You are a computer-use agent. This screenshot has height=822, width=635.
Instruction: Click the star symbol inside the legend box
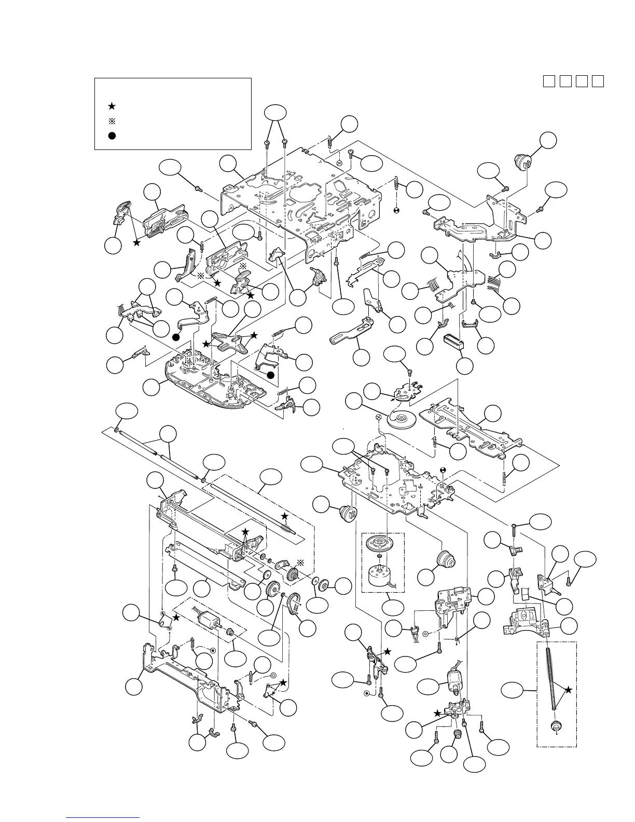click(112, 106)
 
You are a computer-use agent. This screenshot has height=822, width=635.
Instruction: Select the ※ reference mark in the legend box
click(112, 121)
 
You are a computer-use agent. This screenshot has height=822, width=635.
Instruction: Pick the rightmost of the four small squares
click(598, 81)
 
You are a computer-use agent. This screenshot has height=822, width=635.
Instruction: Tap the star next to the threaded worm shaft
click(569, 690)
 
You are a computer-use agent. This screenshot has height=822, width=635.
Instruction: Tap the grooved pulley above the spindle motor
click(380, 545)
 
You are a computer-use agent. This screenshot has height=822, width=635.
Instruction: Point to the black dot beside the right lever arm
click(270, 375)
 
